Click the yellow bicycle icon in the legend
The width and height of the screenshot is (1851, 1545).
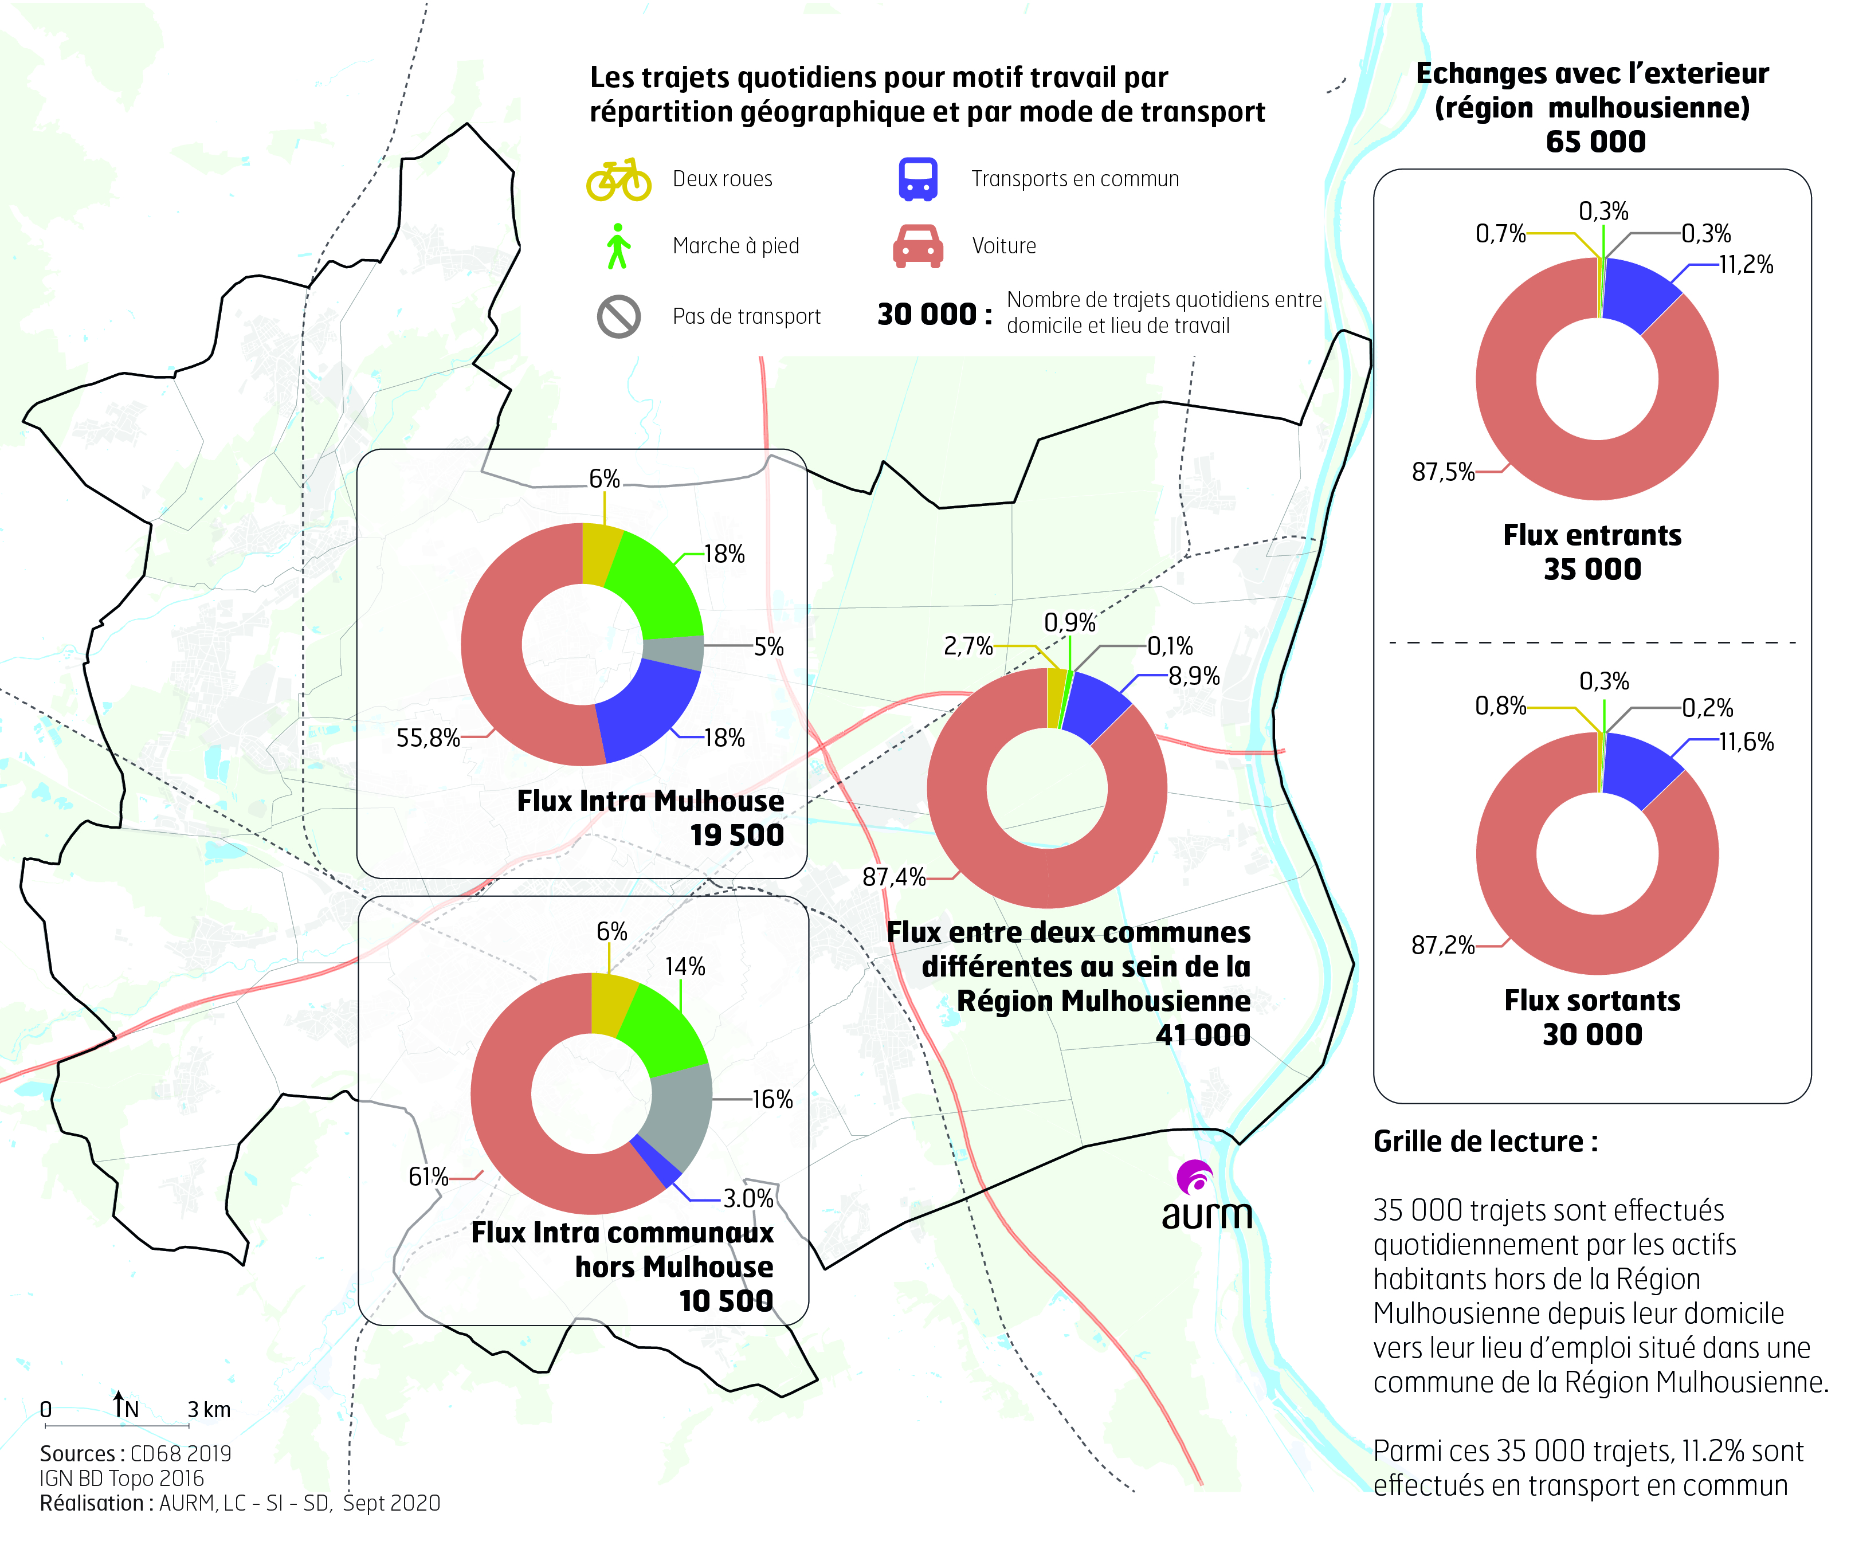(x=619, y=180)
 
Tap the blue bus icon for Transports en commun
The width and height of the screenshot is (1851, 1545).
(x=917, y=179)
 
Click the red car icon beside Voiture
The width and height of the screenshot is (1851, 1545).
(x=917, y=246)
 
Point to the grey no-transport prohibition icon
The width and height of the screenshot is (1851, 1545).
(x=619, y=316)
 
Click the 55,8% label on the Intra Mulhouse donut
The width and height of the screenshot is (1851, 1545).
(x=428, y=738)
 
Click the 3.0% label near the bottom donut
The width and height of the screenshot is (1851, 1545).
(x=747, y=1199)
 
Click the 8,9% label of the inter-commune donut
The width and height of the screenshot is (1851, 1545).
(x=1194, y=676)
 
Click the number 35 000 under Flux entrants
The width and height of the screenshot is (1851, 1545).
(x=1592, y=570)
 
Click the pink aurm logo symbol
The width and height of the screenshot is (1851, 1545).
(x=1196, y=1178)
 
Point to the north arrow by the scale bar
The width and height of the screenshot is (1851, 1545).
(x=118, y=1403)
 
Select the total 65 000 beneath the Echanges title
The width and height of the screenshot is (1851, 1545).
(x=1595, y=142)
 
